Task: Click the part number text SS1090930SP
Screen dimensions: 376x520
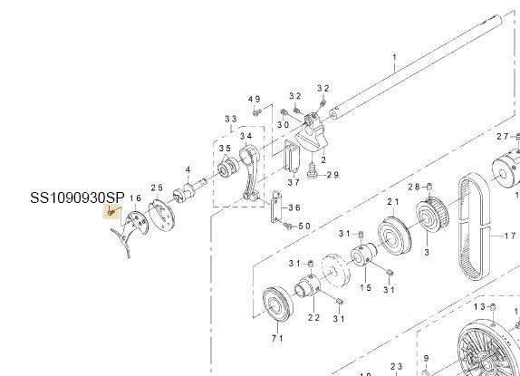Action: (x=76, y=198)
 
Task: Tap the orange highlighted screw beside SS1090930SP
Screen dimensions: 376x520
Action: (x=111, y=213)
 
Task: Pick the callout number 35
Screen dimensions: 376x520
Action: (x=223, y=148)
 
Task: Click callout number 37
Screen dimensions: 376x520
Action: (x=293, y=181)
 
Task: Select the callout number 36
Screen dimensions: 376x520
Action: (x=293, y=207)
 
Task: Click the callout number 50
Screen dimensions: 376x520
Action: (x=303, y=226)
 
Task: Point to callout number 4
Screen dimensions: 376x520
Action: (x=188, y=169)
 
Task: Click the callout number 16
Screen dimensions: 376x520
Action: (x=136, y=198)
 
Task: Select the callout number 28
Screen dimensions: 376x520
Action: (x=414, y=186)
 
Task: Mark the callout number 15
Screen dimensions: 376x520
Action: (x=366, y=287)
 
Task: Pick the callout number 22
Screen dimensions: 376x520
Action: (x=313, y=316)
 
